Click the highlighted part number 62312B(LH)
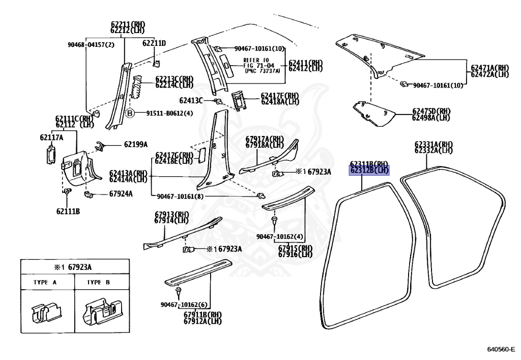[x=369, y=171]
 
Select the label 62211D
[x=154, y=43]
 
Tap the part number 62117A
[x=52, y=137]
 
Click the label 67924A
[x=121, y=193]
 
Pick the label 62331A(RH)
[x=433, y=144]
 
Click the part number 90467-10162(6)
[x=181, y=304]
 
